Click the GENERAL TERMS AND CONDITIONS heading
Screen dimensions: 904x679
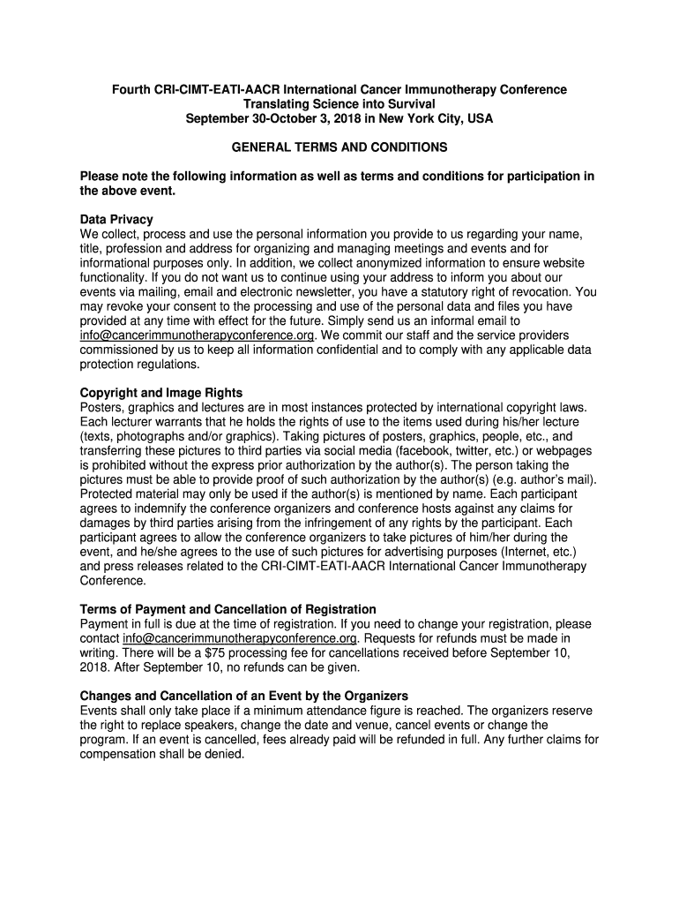click(x=339, y=147)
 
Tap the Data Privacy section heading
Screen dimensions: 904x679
click(x=116, y=219)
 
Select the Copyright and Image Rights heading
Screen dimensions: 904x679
click(x=161, y=392)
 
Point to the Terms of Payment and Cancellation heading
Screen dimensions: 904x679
click(x=228, y=609)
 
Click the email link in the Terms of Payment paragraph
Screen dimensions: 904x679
click(x=240, y=638)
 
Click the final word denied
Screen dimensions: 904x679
click(x=223, y=754)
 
